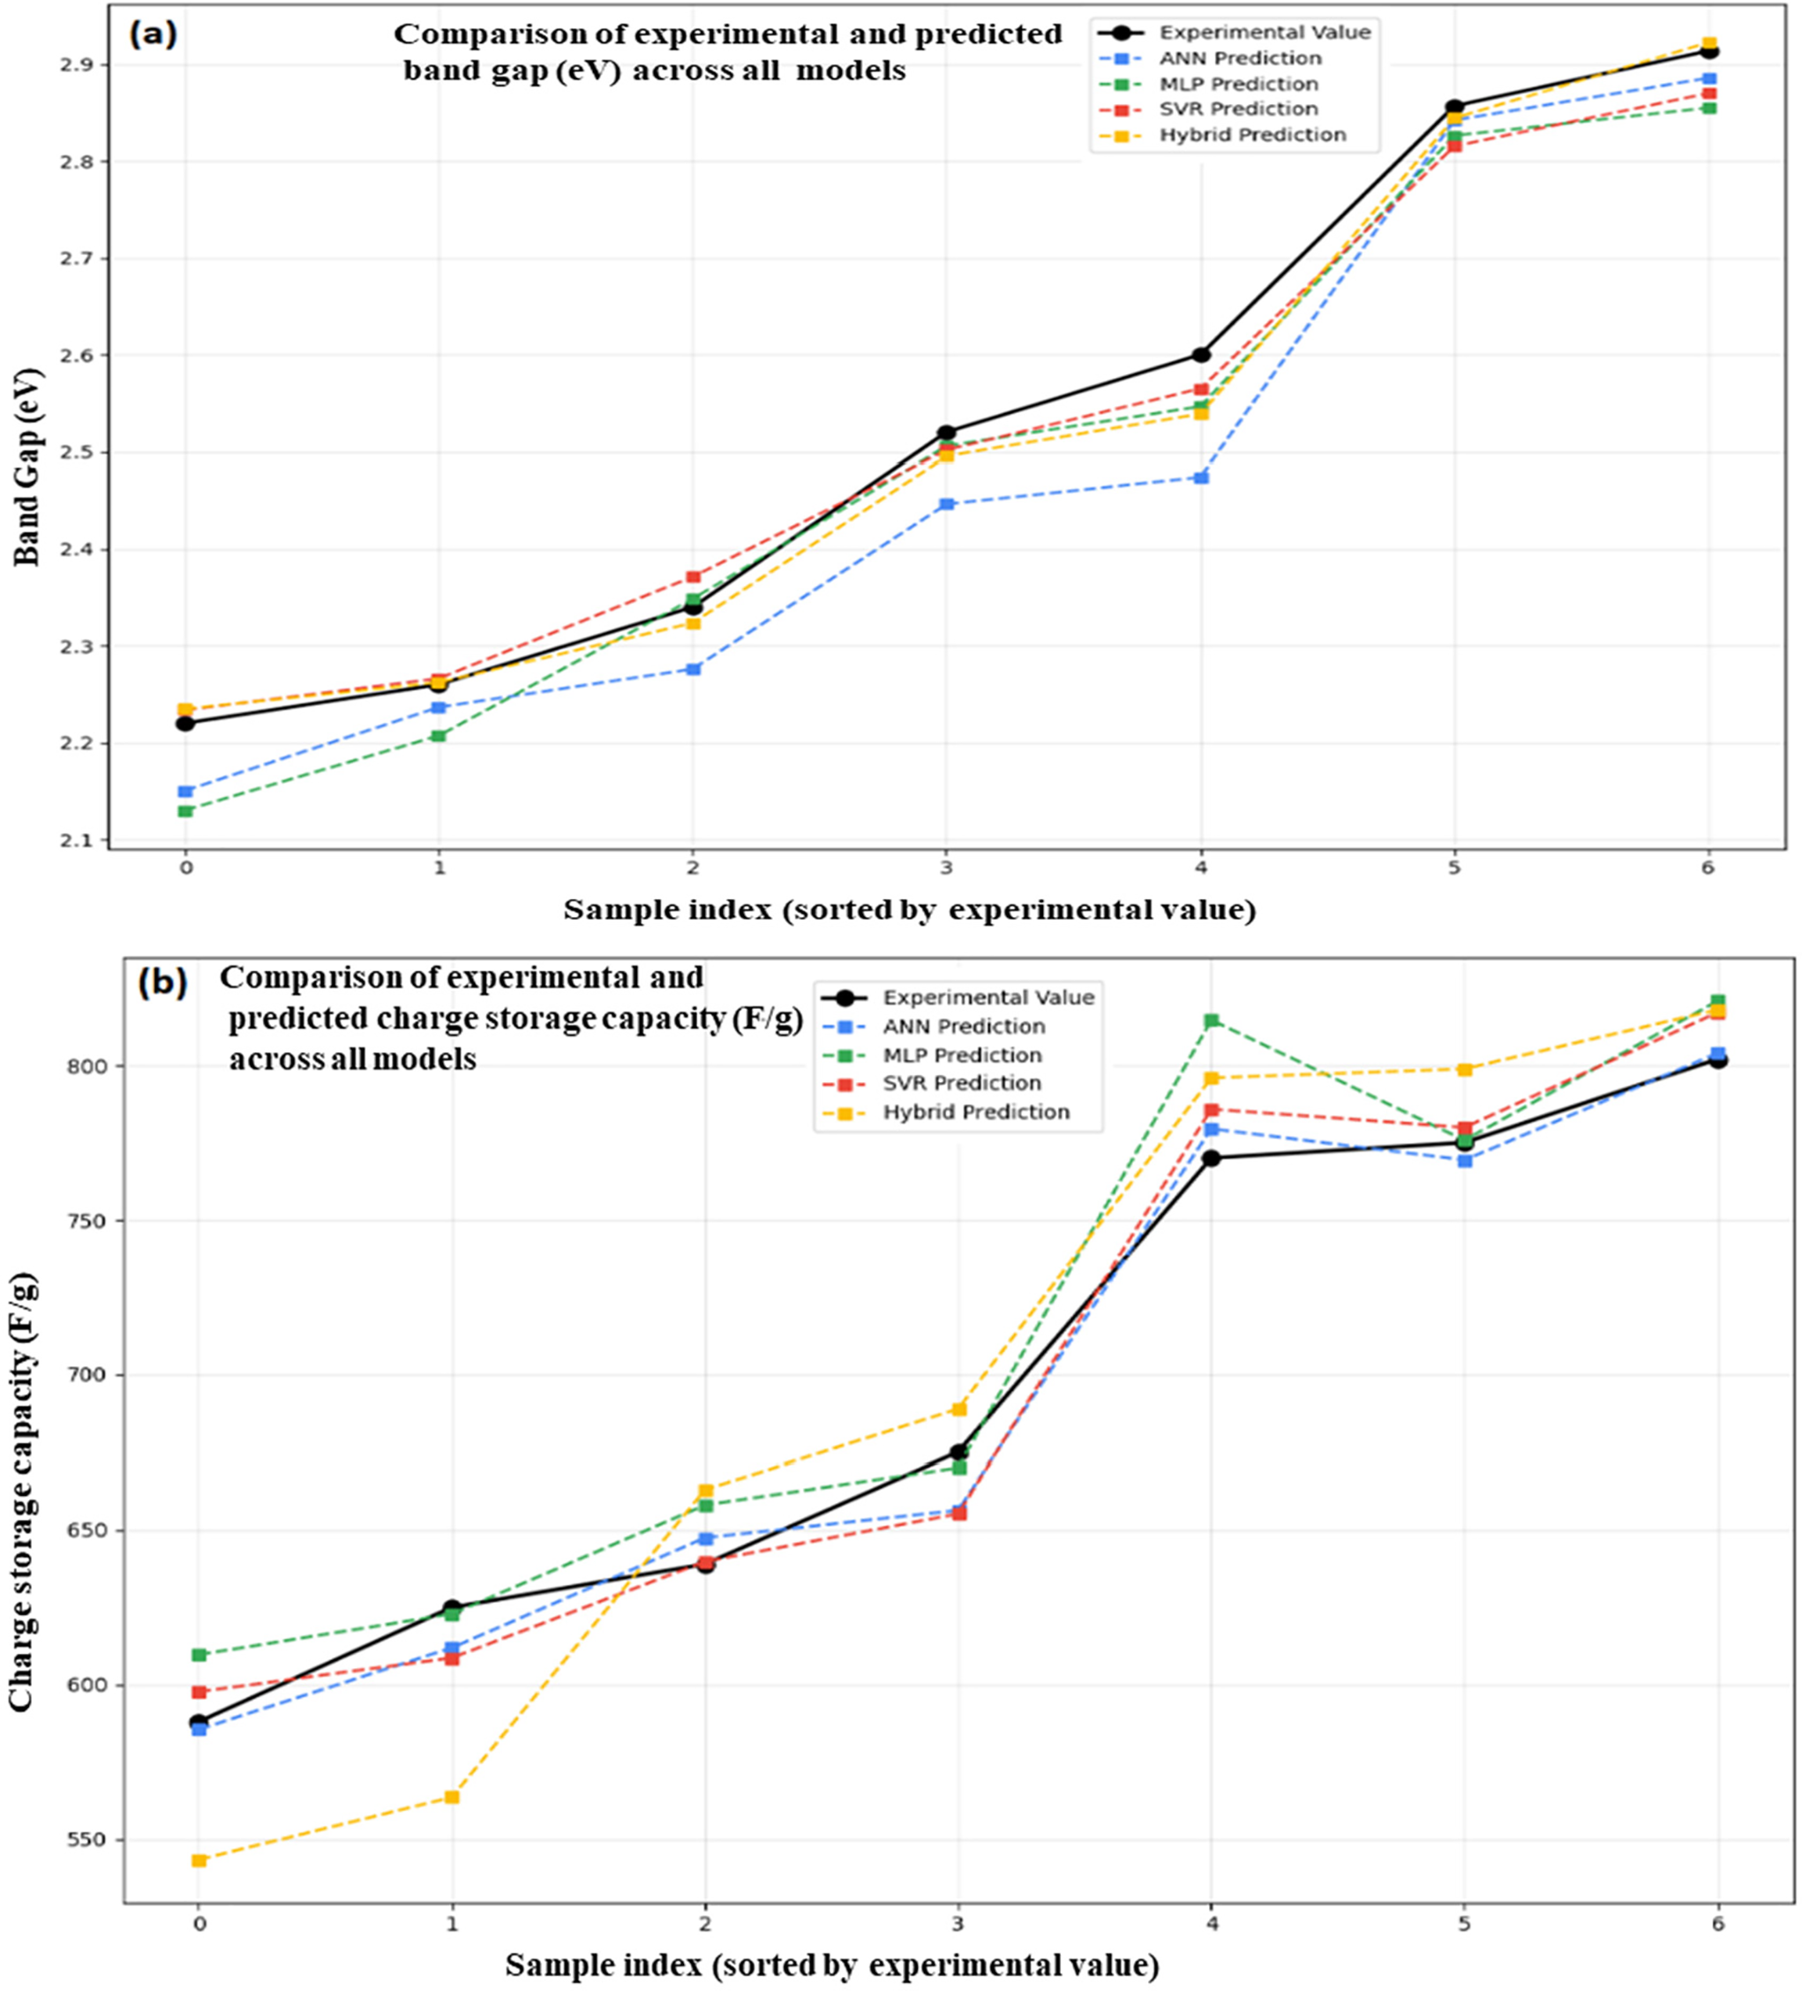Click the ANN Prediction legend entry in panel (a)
[x=1240, y=58]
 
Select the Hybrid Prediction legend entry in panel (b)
[x=975, y=1112]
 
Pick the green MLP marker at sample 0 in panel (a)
[x=185, y=811]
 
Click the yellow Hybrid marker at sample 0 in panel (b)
[x=199, y=1860]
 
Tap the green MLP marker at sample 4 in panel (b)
[x=1212, y=1020]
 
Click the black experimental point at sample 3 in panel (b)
[x=957, y=1452]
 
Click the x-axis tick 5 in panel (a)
[x=1454, y=868]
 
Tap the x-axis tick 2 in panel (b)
[x=705, y=1924]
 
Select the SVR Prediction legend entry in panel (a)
[x=1238, y=109]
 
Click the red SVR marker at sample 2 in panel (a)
[x=693, y=577]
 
